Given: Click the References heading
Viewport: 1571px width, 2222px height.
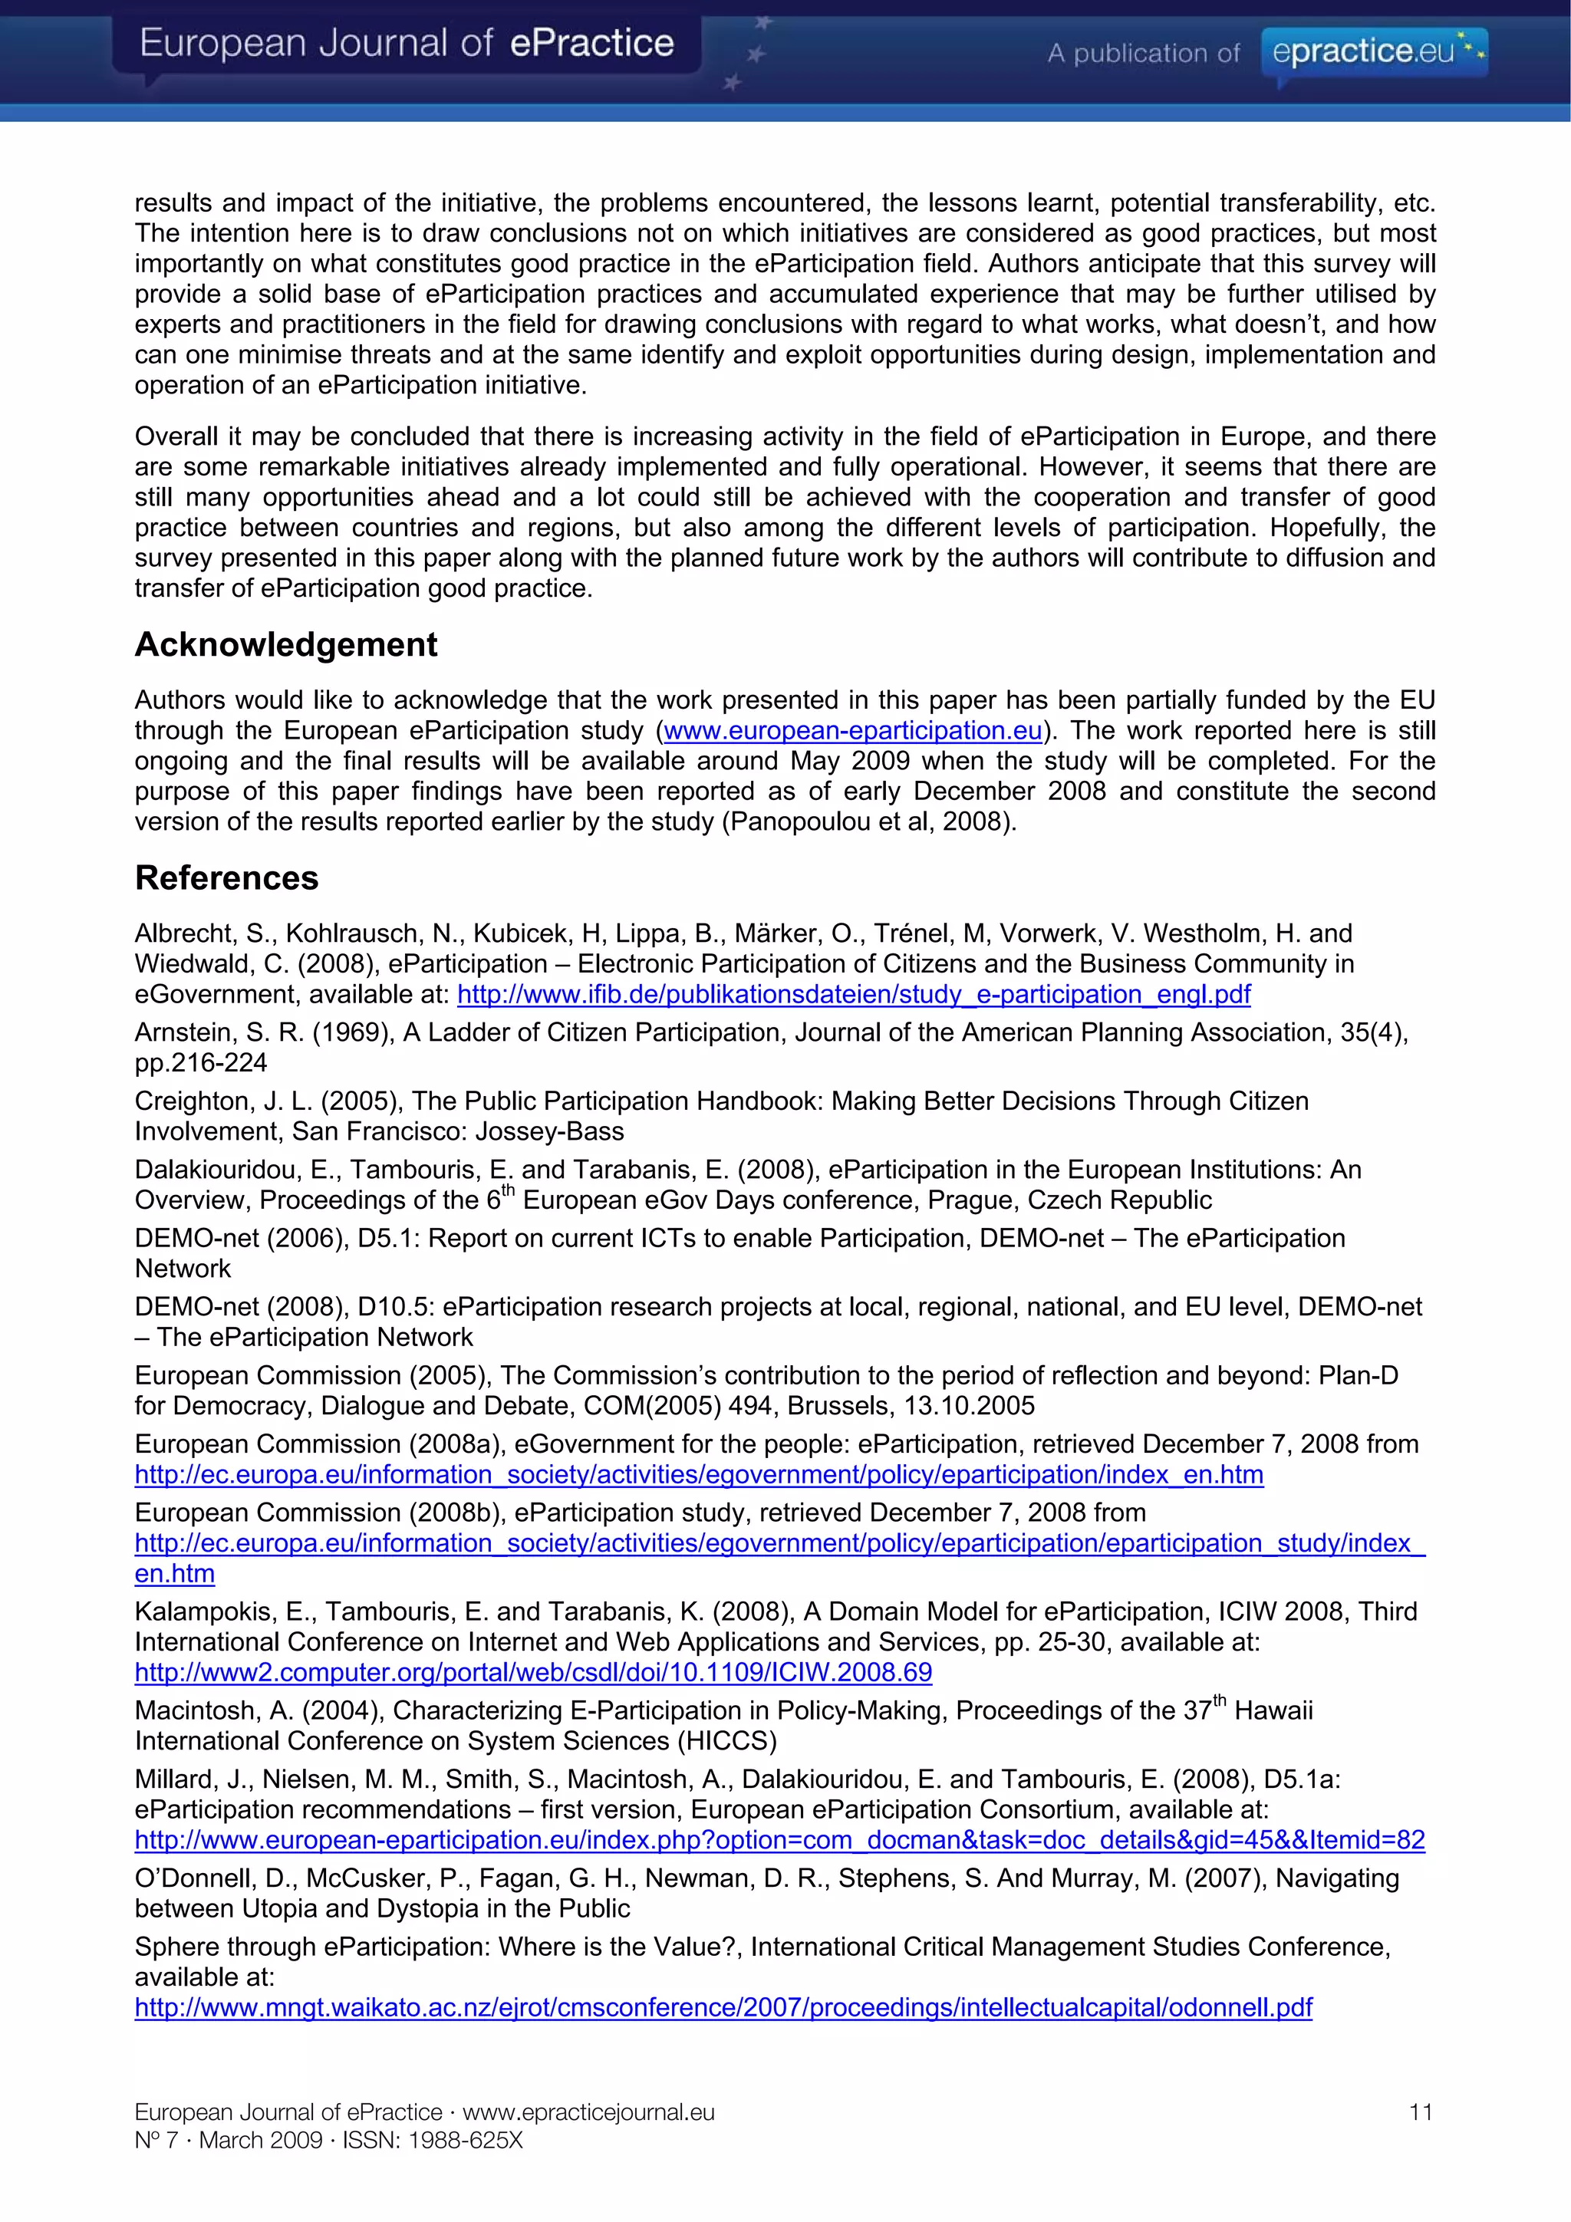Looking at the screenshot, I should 226,877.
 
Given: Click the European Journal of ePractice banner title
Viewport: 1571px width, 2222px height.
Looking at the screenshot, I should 407,44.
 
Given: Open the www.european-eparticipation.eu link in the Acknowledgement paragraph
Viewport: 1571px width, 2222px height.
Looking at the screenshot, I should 851,731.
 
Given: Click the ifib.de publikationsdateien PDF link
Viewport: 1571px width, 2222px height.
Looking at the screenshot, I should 854,994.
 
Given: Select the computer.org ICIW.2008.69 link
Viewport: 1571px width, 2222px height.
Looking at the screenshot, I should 532,1672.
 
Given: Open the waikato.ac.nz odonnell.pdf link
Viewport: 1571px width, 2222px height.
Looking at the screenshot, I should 723,2007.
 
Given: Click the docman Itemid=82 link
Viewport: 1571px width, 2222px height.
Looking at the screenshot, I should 779,1840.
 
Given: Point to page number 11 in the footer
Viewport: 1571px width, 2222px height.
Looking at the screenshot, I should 1420,2112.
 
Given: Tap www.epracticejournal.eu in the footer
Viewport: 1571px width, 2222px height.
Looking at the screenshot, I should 588,2112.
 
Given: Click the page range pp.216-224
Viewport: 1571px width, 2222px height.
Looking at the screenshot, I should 200,1062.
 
